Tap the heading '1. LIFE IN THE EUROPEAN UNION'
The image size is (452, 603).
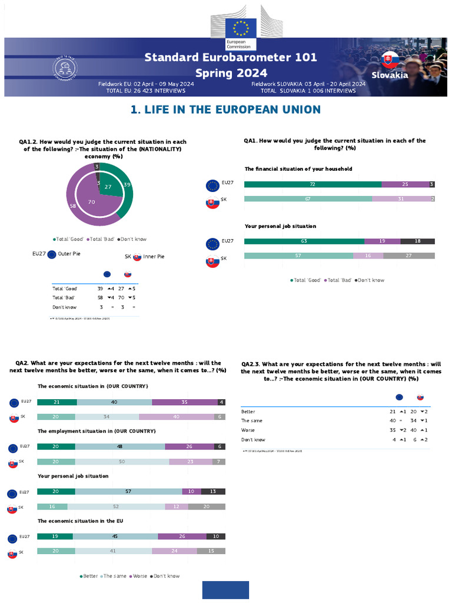click(x=225, y=110)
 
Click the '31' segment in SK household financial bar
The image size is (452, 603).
click(x=401, y=199)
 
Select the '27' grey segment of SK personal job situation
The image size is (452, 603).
click(x=408, y=256)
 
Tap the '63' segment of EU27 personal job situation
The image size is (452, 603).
click(x=304, y=241)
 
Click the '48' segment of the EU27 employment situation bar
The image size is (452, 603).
click(x=120, y=447)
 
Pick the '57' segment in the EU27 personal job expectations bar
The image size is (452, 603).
click(x=128, y=492)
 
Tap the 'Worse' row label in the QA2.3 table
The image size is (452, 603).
click(x=248, y=430)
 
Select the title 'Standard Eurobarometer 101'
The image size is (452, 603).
click(x=231, y=57)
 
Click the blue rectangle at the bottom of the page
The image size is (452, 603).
click(x=225, y=589)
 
